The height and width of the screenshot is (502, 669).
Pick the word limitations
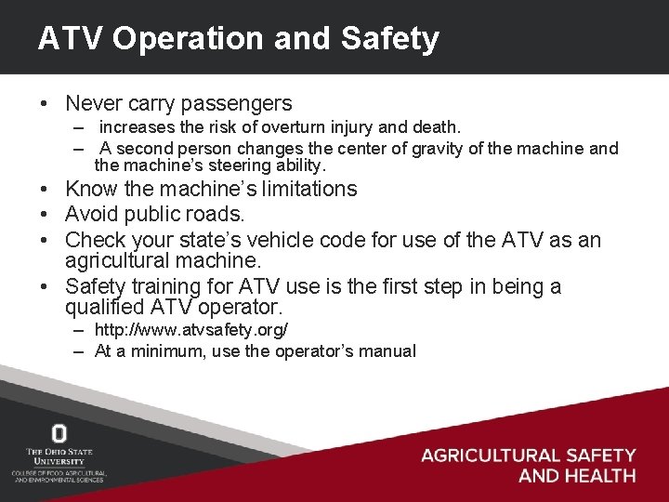coord(295,190)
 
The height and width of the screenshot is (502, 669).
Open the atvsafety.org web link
coord(191,330)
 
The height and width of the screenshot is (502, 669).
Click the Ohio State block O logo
coord(59,433)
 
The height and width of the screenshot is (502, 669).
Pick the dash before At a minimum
coord(80,351)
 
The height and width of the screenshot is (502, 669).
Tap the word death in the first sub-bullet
coord(439,125)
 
